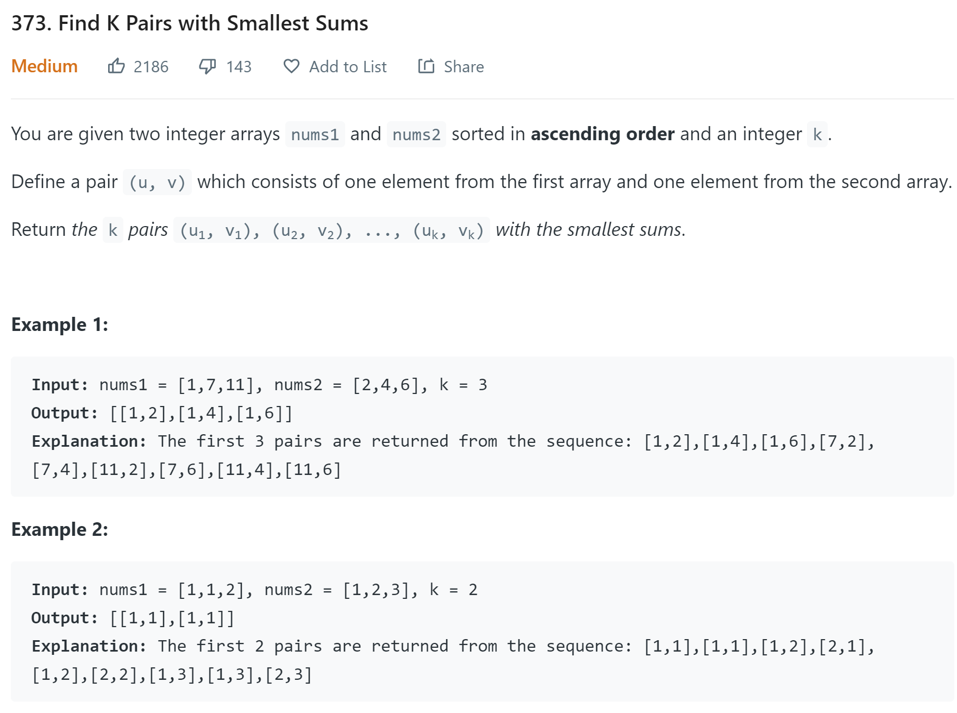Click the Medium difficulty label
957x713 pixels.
click(45, 66)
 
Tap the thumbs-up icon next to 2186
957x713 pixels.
click(116, 66)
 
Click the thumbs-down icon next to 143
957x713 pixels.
click(207, 66)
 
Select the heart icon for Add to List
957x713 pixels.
click(291, 66)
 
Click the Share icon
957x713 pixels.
click(426, 66)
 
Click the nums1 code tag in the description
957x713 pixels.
click(315, 134)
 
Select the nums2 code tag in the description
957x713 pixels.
click(416, 134)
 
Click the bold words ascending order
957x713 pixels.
click(602, 134)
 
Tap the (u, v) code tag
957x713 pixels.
click(157, 183)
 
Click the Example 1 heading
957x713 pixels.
click(60, 324)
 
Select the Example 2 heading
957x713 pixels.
click(60, 529)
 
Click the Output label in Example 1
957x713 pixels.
click(64, 413)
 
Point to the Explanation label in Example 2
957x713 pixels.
click(89, 646)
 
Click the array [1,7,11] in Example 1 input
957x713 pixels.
click(216, 385)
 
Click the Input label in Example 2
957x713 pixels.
click(59, 590)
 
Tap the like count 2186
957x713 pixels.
click(151, 67)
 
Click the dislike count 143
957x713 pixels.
click(239, 67)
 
